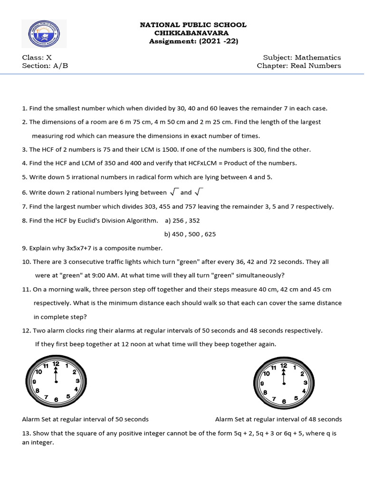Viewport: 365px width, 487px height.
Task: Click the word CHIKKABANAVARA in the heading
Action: pos(192,33)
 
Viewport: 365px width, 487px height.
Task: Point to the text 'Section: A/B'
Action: pos(45,66)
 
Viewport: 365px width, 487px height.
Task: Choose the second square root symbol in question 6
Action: pos(199,192)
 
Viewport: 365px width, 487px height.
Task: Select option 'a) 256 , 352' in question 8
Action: pos(182,220)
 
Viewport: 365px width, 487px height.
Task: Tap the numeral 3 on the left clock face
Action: pos(77,381)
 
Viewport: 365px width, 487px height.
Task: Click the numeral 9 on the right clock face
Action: pos(261,382)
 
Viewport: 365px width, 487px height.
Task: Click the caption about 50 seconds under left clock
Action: pos(86,419)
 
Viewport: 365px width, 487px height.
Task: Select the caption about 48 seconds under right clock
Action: pos(279,419)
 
